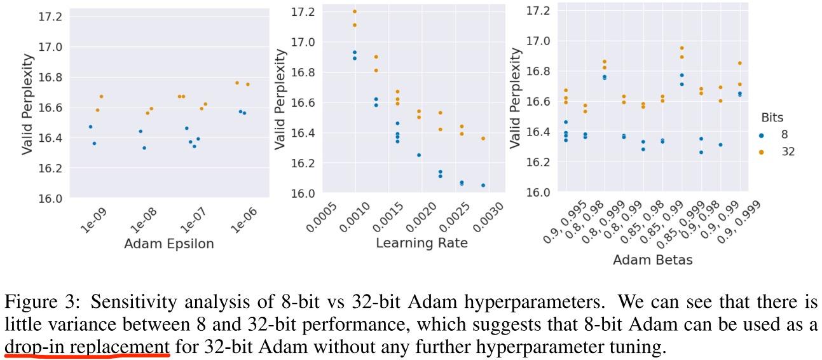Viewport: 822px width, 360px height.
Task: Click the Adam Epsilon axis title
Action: [168, 244]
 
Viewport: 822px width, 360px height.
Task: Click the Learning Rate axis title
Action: [421, 243]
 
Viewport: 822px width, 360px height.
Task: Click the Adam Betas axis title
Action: [652, 260]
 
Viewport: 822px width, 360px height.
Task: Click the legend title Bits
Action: [771, 118]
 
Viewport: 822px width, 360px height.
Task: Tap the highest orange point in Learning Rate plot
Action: [355, 11]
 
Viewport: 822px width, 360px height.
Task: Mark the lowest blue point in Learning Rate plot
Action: [483, 185]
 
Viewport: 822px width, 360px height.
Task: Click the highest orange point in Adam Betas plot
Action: [682, 48]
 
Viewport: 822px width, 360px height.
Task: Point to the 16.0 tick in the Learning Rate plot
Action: [303, 193]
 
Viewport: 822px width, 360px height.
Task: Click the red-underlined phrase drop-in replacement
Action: [87, 347]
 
